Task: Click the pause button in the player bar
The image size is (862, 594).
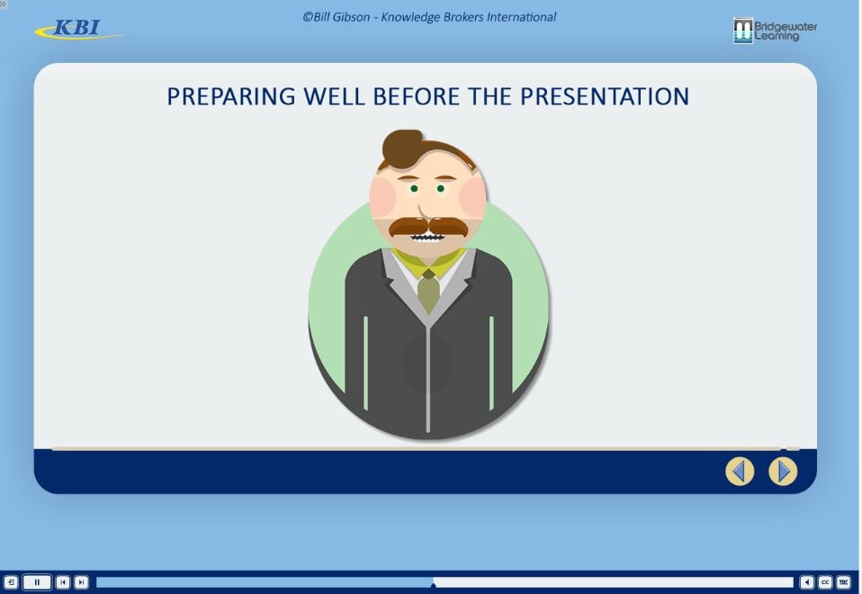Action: coord(37,582)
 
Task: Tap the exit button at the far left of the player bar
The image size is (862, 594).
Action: coord(11,582)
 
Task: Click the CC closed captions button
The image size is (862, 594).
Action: coord(825,582)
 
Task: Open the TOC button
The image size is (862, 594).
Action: coord(844,582)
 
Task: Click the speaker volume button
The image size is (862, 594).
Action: coord(806,582)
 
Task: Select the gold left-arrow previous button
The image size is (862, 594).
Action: coord(740,472)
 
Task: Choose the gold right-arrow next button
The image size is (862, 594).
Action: coord(783,472)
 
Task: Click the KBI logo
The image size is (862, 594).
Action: coord(78,29)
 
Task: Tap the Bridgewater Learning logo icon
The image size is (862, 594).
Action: coord(742,31)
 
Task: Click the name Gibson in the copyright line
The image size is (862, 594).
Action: coord(351,17)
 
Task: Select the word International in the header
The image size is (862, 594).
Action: coord(522,17)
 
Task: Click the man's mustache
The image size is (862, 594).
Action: coord(428,227)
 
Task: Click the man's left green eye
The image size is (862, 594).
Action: coord(414,189)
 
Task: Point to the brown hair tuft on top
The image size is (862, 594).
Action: coord(403,148)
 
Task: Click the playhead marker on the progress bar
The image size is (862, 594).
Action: coord(433,585)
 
